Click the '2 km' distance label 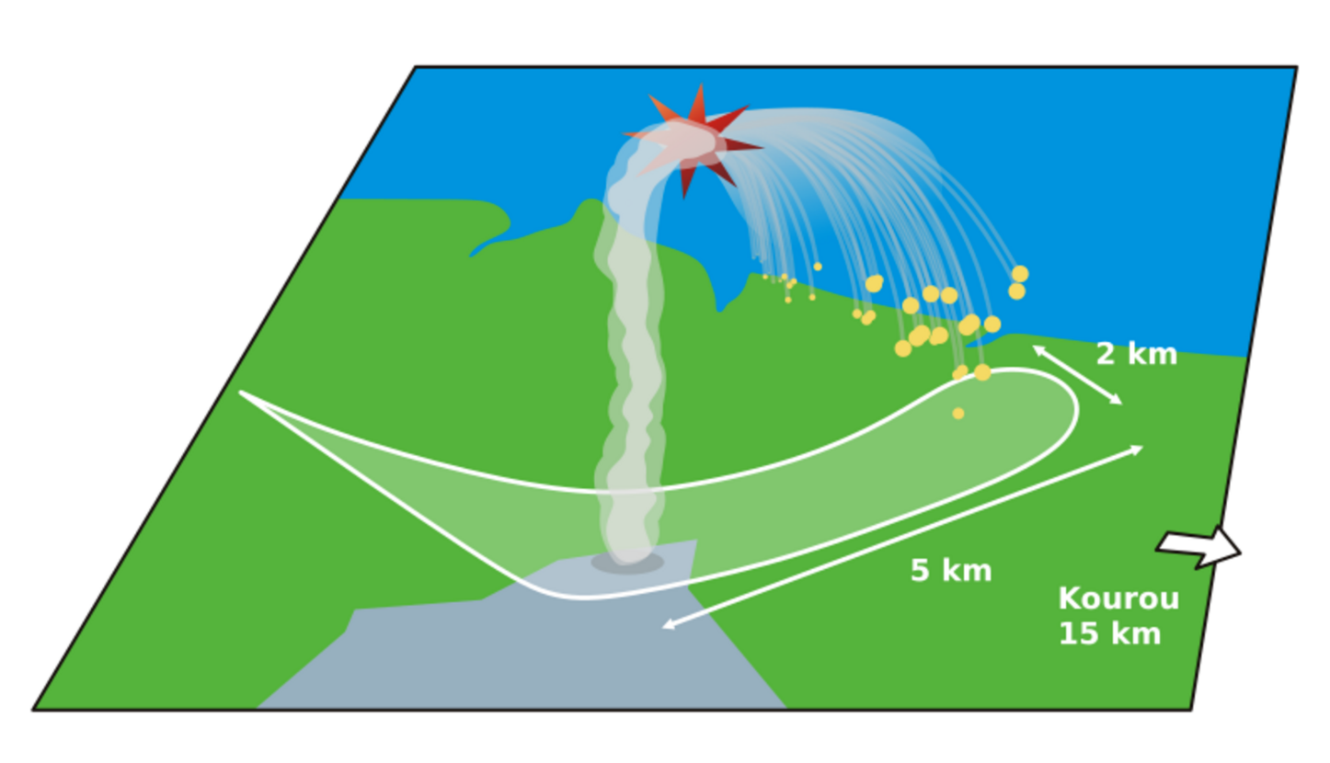(1136, 354)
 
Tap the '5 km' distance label (951, 571)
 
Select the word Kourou (1118, 598)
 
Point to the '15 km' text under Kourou (1109, 633)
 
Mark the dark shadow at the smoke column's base (627, 563)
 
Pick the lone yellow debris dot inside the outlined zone (958, 414)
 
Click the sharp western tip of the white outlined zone (242, 393)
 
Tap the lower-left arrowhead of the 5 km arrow (666, 627)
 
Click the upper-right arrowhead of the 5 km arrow (1140, 448)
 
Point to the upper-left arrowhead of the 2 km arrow (1036, 348)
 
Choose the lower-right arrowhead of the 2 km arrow (1119, 402)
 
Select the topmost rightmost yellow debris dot (1020, 274)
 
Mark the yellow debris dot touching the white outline (982, 372)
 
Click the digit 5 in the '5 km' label (919, 571)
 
